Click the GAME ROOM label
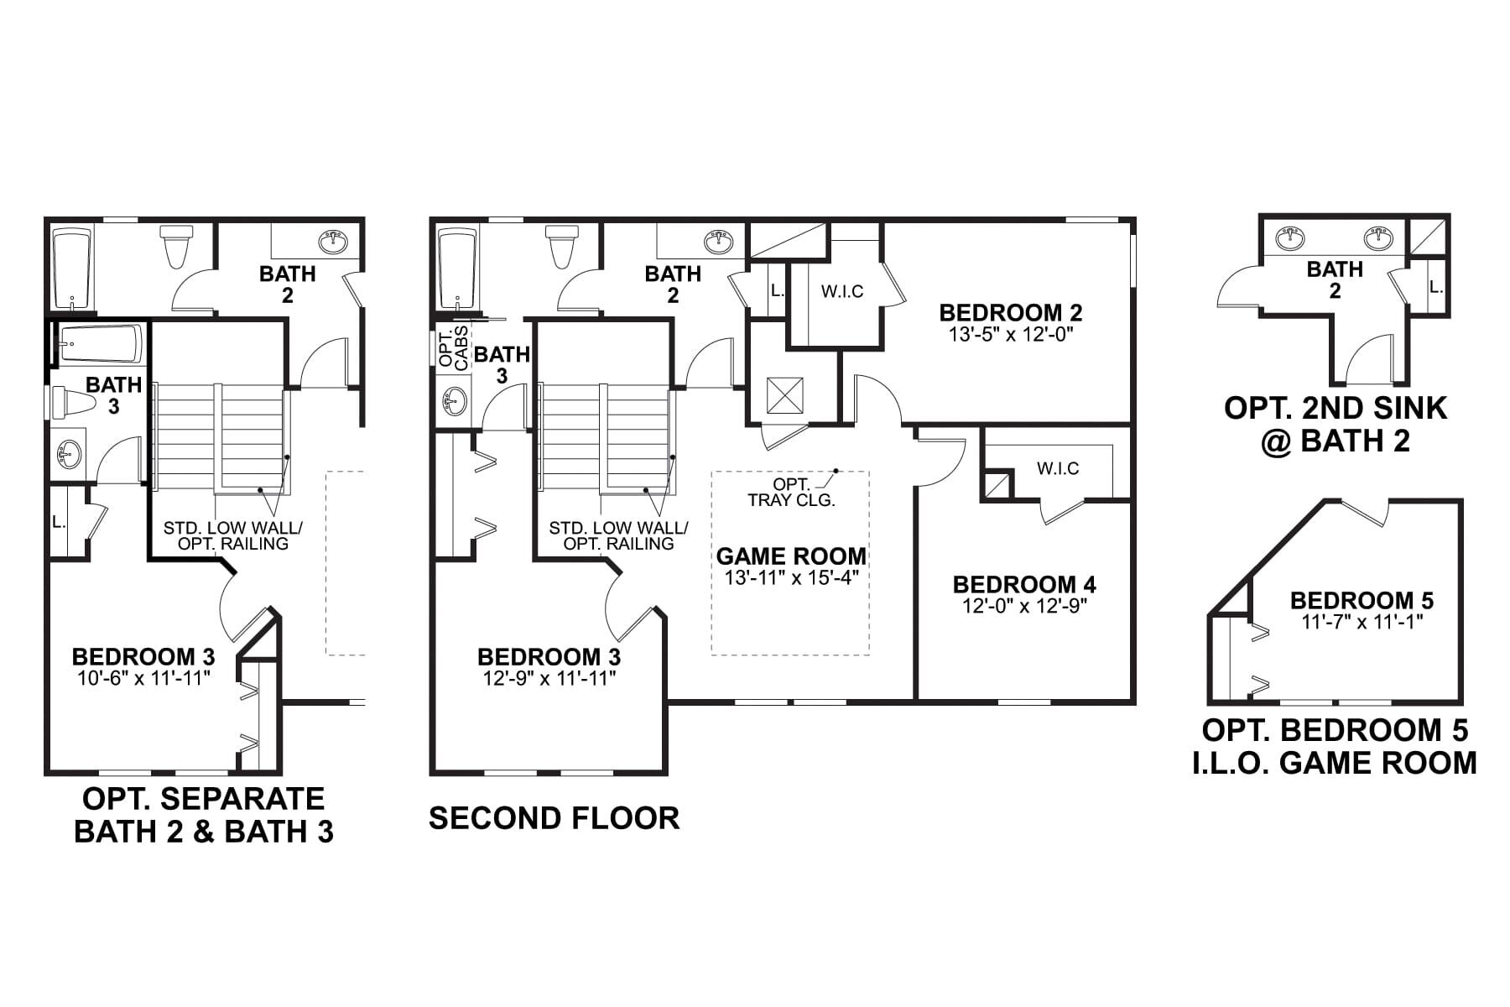tap(791, 556)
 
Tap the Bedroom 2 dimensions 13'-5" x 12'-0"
tap(1011, 333)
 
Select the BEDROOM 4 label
tap(1024, 584)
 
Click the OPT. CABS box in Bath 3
tap(453, 347)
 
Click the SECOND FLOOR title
tap(554, 818)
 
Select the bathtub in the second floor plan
tap(457, 268)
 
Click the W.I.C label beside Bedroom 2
tap(841, 292)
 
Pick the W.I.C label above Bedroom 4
tap(1058, 468)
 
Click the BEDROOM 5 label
tap(1362, 601)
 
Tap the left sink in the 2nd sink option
tap(1292, 239)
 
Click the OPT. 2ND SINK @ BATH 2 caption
tap(1335, 424)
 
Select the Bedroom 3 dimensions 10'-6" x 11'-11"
tap(143, 678)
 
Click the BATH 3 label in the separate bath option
tap(113, 395)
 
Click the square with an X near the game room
tap(785, 395)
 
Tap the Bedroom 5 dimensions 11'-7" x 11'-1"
tap(1362, 622)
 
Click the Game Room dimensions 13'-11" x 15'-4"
tap(791, 577)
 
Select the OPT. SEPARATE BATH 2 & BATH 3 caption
tap(204, 815)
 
